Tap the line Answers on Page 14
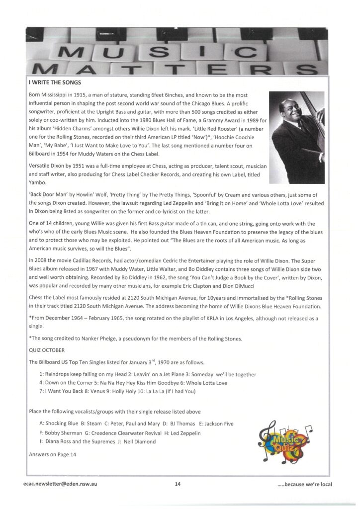53,453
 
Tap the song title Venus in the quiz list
109,391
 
